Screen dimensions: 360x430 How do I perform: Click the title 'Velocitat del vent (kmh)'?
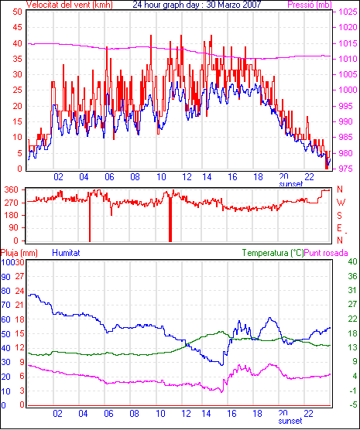point(70,5)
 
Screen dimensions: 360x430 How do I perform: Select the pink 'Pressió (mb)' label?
point(310,5)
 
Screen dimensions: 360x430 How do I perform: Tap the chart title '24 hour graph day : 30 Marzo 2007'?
point(197,5)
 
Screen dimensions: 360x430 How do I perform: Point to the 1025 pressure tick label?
point(348,12)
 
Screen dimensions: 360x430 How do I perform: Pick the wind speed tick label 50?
point(17,12)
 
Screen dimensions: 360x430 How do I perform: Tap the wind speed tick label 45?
point(17,27)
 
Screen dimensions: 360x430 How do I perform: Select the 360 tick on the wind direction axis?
point(12,189)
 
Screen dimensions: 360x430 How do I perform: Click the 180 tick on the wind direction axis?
point(12,215)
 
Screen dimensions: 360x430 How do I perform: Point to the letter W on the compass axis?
point(341,203)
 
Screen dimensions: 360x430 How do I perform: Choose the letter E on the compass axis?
point(340,228)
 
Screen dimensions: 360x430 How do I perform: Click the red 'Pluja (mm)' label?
point(19,253)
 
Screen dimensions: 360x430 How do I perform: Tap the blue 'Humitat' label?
point(66,253)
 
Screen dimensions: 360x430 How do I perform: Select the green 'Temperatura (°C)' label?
point(273,253)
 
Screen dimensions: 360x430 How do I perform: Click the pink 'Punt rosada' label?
point(326,253)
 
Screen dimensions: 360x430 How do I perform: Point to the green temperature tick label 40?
point(352,261)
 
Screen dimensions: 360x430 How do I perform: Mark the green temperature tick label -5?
point(351,404)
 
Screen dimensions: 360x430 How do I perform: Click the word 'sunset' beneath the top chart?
point(291,184)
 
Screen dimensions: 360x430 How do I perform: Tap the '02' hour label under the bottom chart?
point(57,413)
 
